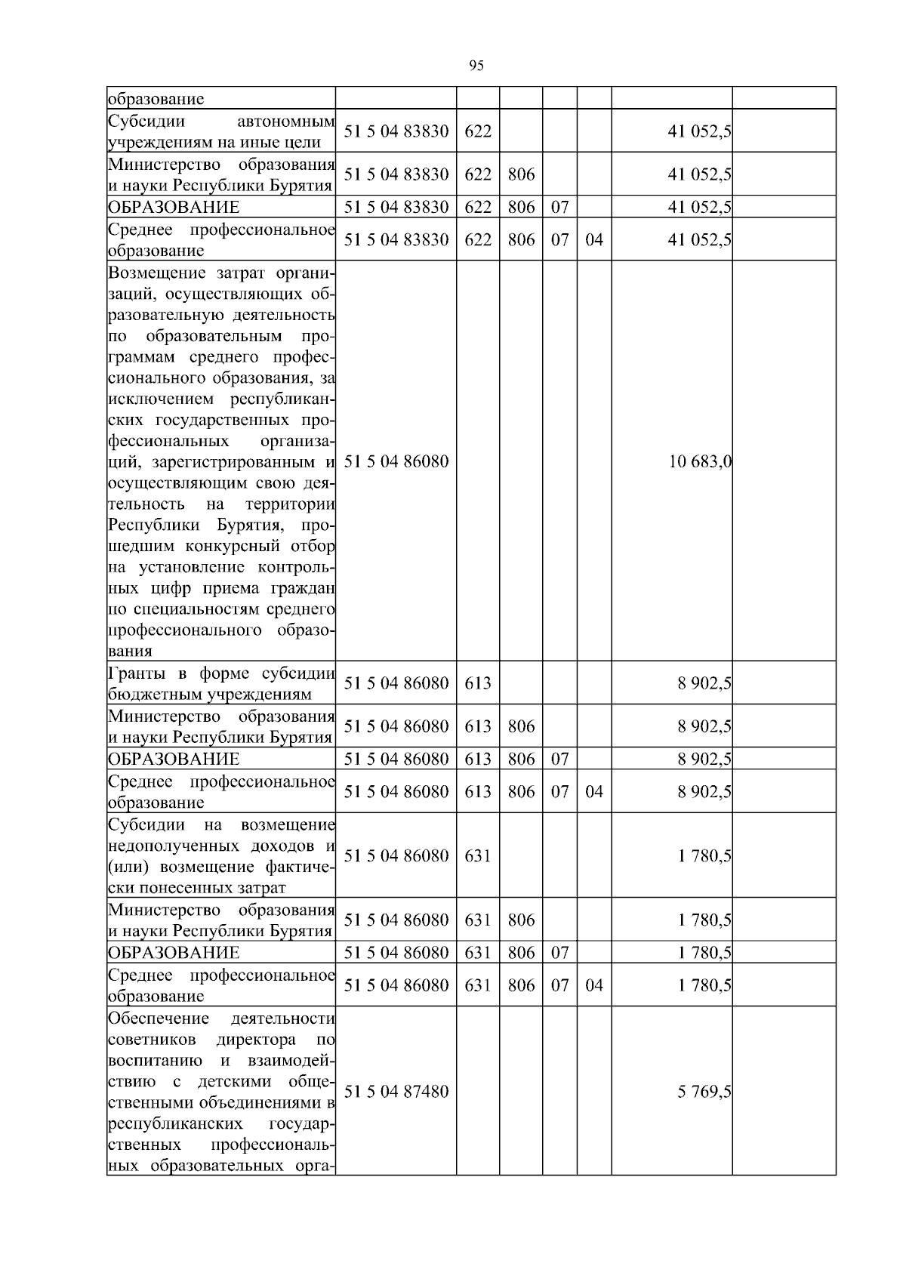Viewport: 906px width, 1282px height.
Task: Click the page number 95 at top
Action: coord(476,66)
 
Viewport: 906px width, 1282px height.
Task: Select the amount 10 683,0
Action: coord(700,461)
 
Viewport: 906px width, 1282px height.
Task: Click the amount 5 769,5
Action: coord(704,1092)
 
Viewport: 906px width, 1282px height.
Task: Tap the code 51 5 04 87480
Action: coord(396,1092)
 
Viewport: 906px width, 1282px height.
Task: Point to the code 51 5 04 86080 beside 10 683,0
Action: coord(396,461)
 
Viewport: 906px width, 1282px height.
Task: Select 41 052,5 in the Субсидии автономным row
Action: coord(700,131)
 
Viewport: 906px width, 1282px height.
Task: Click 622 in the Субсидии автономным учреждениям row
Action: coord(478,131)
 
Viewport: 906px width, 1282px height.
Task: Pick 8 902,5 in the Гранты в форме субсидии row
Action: coord(704,683)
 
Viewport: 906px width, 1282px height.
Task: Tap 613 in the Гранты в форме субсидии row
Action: coord(478,683)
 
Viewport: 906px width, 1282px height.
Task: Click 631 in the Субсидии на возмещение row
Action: coord(478,856)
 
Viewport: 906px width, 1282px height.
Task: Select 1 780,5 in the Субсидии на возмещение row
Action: coord(704,856)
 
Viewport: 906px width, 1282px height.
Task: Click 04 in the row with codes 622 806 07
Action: coord(594,240)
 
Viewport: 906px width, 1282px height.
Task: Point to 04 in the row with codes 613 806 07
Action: coord(594,792)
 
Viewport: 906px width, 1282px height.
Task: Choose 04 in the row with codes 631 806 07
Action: coord(594,985)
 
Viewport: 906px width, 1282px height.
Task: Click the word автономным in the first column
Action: coord(285,121)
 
